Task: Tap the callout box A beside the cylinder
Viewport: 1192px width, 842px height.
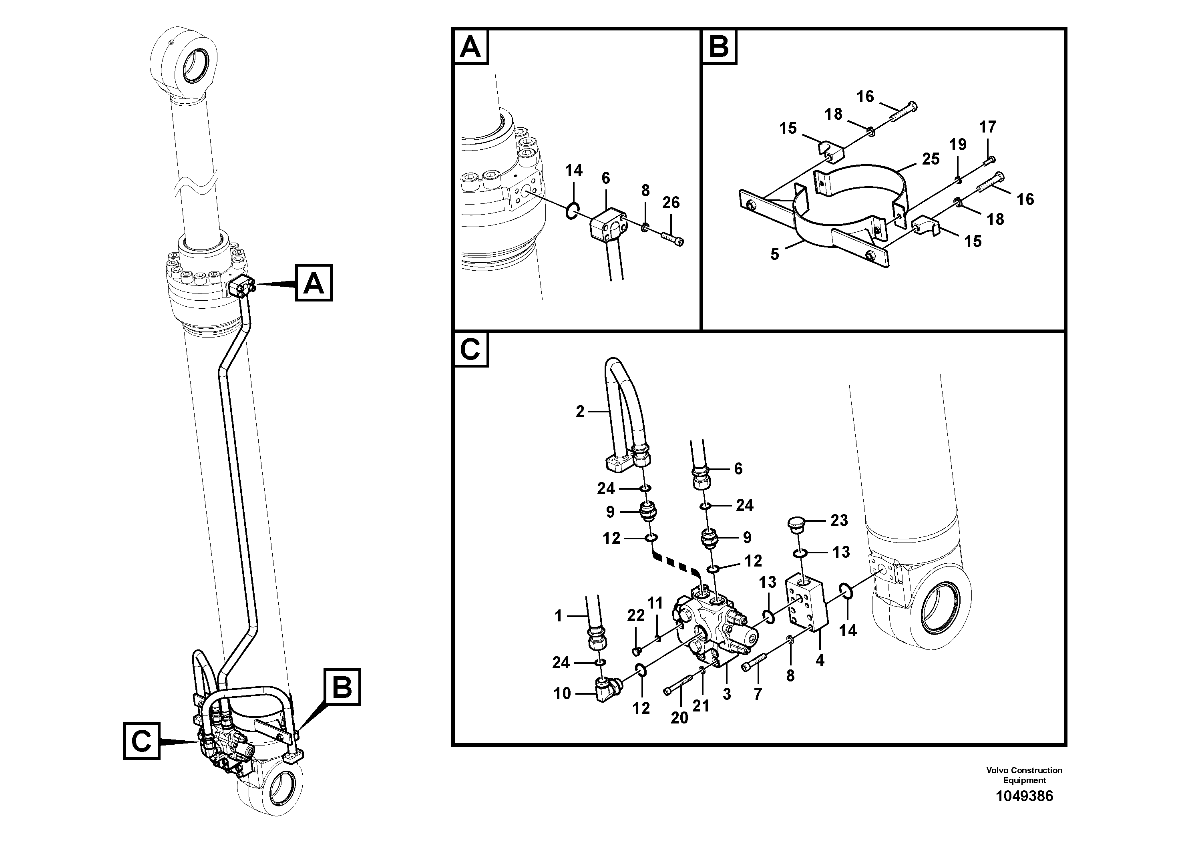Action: (314, 283)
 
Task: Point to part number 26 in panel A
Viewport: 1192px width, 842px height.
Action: (671, 203)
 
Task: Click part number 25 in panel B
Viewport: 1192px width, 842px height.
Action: (931, 159)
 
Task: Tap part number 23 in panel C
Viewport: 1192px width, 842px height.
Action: (839, 520)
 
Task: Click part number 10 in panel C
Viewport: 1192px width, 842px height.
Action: (562, 693)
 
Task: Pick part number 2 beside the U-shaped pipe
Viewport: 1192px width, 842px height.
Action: (580, 412)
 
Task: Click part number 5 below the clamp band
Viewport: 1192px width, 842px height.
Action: (775, 254)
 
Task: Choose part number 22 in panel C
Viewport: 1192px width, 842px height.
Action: (635, 615)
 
